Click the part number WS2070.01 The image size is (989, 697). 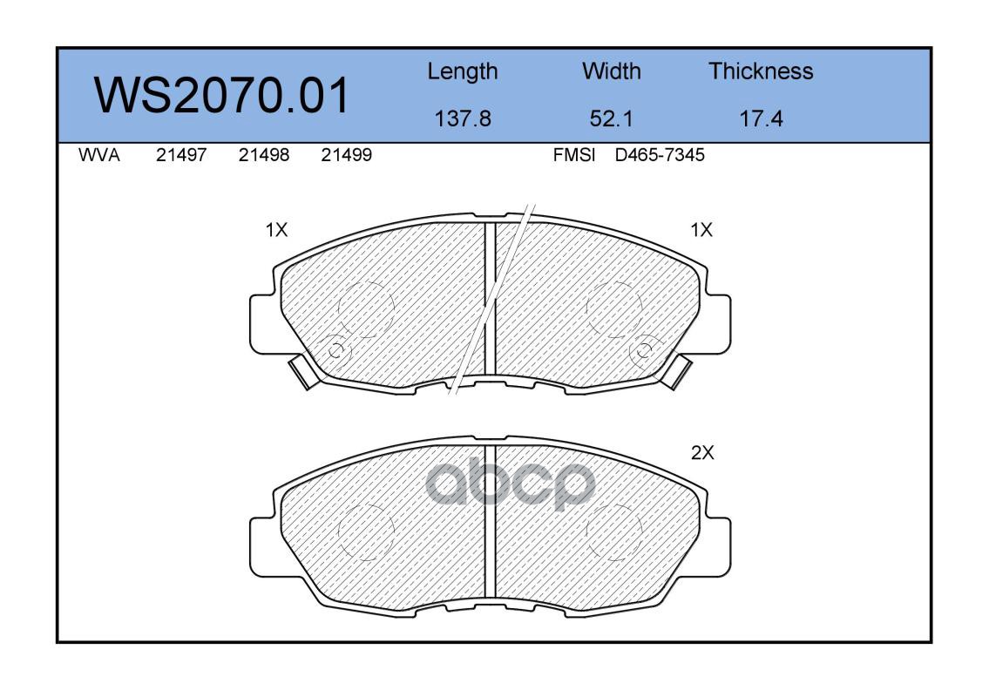tap(221, 96)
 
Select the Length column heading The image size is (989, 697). tap(463, 72)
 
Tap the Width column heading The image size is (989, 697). tap(611, 71)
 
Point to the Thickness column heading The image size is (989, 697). tap(761, 71)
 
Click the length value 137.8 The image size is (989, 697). tap(463, 118)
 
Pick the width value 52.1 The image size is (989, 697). tap(611, 118)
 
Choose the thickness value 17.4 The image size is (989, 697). tap(761, 118)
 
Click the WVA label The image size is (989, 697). tap(99, 155)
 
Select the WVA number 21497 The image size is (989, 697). tap(181, 155)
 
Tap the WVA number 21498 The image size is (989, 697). tap(264, 155)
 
